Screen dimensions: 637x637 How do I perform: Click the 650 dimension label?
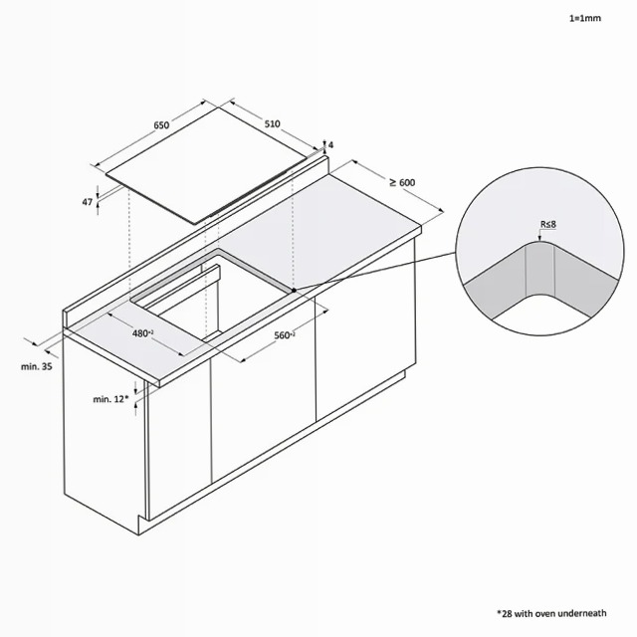coord(161,125)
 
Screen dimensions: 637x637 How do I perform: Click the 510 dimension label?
coord(272,123)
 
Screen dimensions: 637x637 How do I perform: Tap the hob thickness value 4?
coord(331,145)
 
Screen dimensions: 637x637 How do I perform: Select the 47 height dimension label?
coord(88,201)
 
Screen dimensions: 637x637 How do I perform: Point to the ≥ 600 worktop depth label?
coord(402,183)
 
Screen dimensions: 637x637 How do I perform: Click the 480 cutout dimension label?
coord(142,333)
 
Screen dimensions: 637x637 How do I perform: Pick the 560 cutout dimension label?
coord(285,335)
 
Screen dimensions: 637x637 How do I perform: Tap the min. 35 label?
coord(37,366)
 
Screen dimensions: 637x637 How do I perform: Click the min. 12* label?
coord(110,399)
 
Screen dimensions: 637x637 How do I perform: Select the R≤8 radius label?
coord(548,224)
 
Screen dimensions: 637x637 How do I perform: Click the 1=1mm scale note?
coord(585,18)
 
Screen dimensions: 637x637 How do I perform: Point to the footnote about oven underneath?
coord(551,613)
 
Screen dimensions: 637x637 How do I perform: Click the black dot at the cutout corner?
coord(294,291)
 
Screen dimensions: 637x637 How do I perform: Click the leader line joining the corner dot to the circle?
coord(374,272)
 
